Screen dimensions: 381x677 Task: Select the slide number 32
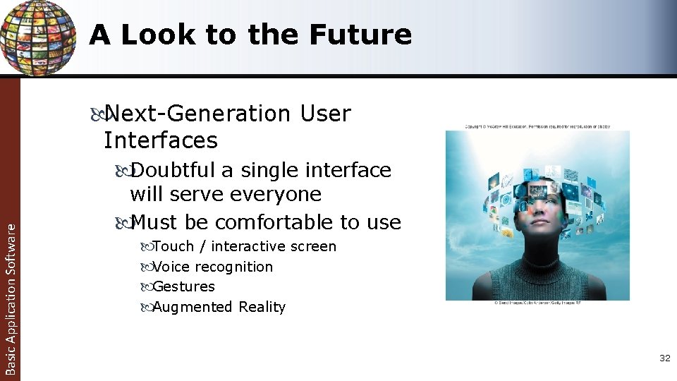(x=664, y=358)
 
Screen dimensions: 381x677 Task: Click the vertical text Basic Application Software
(x=10, y=296)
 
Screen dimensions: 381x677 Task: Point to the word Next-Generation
(x=197, y=114)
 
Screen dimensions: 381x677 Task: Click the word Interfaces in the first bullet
(x=161, y=140)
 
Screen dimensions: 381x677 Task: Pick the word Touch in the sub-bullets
(x=173, y=246)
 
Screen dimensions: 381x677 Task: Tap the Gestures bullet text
(x=183, y=286)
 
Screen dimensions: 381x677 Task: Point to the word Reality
(x=262, y=307)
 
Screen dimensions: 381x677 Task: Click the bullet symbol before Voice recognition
(x=145, y=267)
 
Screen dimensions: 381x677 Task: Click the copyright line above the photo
(x=537, y=127)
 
